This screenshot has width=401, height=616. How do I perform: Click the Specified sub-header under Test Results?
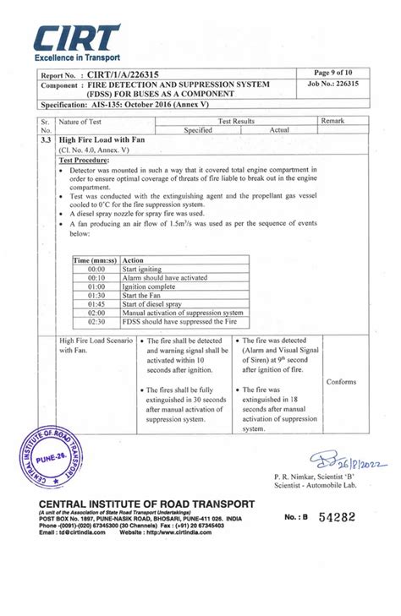(x=198, y=130)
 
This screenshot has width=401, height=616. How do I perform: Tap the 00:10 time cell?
(x=96, y=277)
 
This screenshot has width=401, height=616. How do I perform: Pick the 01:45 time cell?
(x=96, y=303)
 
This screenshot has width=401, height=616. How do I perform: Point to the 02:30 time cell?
(x=96, y=321)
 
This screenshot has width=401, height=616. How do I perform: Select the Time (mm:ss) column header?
(x=95, y=260)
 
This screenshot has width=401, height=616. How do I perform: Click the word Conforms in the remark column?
(x=341, y=382)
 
